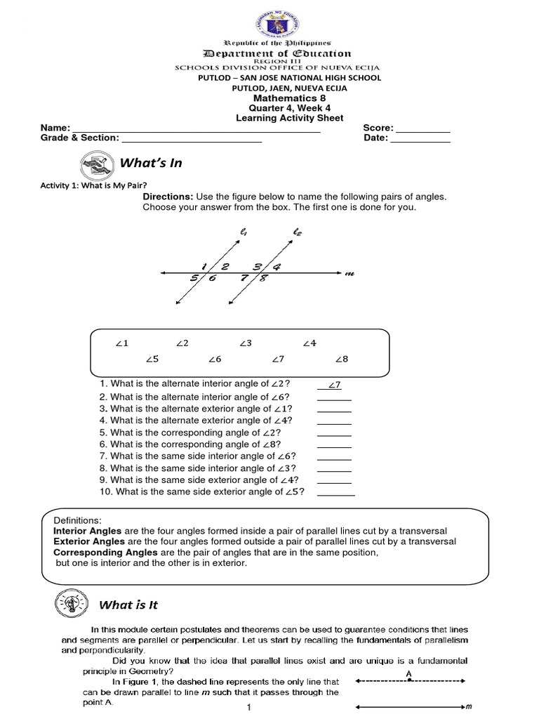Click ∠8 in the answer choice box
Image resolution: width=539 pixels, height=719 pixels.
click(341, 359)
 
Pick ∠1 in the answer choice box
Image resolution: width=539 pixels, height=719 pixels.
click(122, 343)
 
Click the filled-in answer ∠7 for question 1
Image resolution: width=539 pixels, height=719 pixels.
click(334, 385)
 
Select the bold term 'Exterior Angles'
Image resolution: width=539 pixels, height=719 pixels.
click(90, 541)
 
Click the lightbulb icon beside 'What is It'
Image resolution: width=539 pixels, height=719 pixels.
click(69, 603)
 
